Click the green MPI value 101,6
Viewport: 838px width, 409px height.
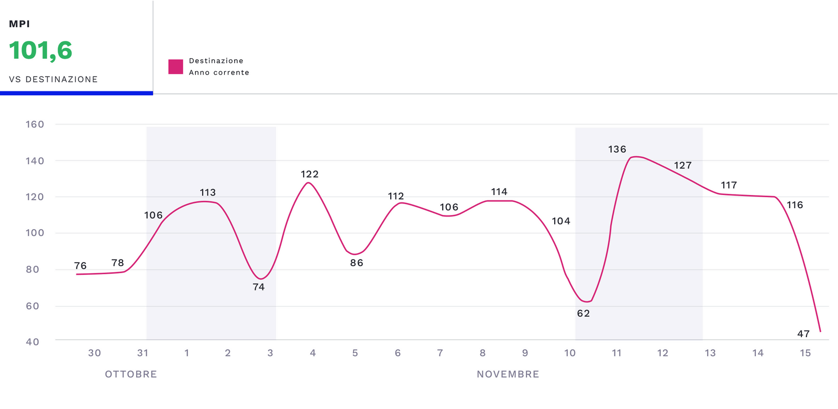pos(40,51)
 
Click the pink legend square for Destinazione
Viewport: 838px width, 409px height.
pos(175,67)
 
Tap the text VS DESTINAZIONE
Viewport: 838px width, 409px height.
pos(53,79)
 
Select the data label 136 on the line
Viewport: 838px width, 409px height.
pos(617,149)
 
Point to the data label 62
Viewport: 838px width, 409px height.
pos(583,314)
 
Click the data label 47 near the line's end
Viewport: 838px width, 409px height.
pos(803,333)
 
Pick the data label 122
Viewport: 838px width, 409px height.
pos(310,174)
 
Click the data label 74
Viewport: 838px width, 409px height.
pos(259,287)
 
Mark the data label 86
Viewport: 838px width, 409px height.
pos(357,263)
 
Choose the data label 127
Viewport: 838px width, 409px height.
pos(682,165)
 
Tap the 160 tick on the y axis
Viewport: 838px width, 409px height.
pos(35,124)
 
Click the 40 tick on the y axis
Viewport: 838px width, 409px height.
pos(32,342)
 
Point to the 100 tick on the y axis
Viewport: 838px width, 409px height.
pos(35,233)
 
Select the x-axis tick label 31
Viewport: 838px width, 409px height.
pos(142,353)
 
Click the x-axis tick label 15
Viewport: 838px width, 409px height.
pos(805,353)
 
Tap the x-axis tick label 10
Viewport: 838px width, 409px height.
pos(570,353)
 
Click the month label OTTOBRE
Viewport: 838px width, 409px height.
pos(131,374)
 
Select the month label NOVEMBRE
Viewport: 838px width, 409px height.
pos(508,374)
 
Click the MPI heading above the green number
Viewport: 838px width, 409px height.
pos(19,24)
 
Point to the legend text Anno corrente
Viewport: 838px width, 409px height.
pos(219,72)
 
